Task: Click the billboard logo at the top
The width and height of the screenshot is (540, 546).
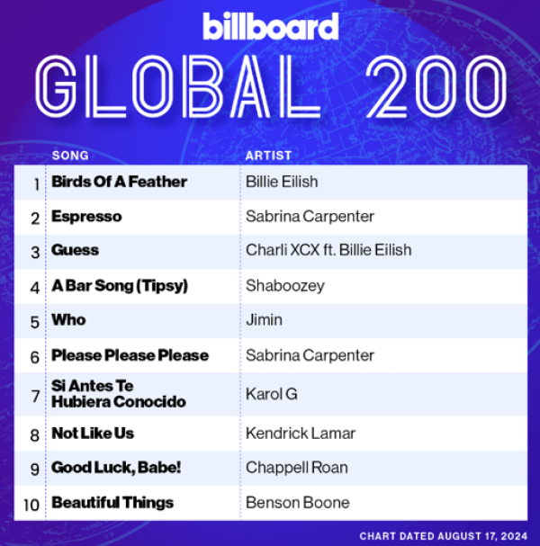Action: pyautogui.click(x=271, y=26)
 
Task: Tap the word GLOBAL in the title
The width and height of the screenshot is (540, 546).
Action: pyautogui.click(x=178, y=86)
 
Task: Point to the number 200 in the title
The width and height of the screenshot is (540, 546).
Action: pyautogui.click(x=436, y=86)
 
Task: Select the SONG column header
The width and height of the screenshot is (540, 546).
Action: pyautogui.click(x=70, y=156)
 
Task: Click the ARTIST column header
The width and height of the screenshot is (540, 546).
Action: pyautogui.click(x=268, y=156)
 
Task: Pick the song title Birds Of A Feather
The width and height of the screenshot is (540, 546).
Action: pyautogui.click(x=119, y=182)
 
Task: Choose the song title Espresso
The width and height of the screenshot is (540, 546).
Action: pyautogui.click(x=86, y=217)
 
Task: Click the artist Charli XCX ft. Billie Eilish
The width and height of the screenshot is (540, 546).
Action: pyautogui.click(x=328, y=250)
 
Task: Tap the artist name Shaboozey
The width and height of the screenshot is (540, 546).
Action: pyautogui.click(x=285, y=286)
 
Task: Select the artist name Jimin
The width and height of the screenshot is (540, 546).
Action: pyautogui.click(x=264, y=320)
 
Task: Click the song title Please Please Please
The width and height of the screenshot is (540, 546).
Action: pyautogui.click(x=130, y=355)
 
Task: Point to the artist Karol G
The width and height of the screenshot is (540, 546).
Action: pyautogui.click(x=272, y=394)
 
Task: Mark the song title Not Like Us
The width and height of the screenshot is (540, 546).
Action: pyautogui.click(x=93, y=434)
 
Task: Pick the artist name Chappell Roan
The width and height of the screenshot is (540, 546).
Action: pyautogui.click(x=296, y=468)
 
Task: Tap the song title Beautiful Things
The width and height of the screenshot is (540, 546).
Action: pyautogui.click(x=112, y=503)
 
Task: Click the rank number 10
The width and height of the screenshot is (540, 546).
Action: pyautogui.click(x=31, y=505)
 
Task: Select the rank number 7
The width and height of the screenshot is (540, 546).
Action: pyautogui.click(x=35, y=397)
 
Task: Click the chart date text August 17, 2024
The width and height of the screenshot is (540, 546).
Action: pyautogui.click(x=482, y=536)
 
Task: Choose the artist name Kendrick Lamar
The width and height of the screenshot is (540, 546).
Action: pyautogui.click(x=301, y=434)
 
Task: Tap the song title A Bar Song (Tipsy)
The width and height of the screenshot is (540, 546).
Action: pyautogui.click(x=120, y=286)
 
